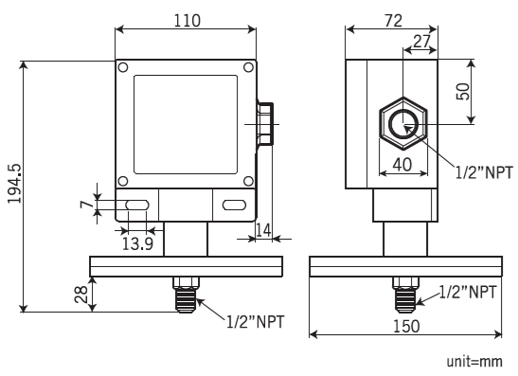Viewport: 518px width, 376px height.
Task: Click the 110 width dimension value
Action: click(x=187, y=21)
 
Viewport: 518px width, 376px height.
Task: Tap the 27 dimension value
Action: click(x=420, y=41)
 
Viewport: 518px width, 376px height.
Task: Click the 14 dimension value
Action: click(x=264, y=228)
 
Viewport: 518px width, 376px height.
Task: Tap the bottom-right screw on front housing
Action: click(x=246, y=182)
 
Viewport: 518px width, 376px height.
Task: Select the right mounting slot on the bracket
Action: click(x=233, y=206)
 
